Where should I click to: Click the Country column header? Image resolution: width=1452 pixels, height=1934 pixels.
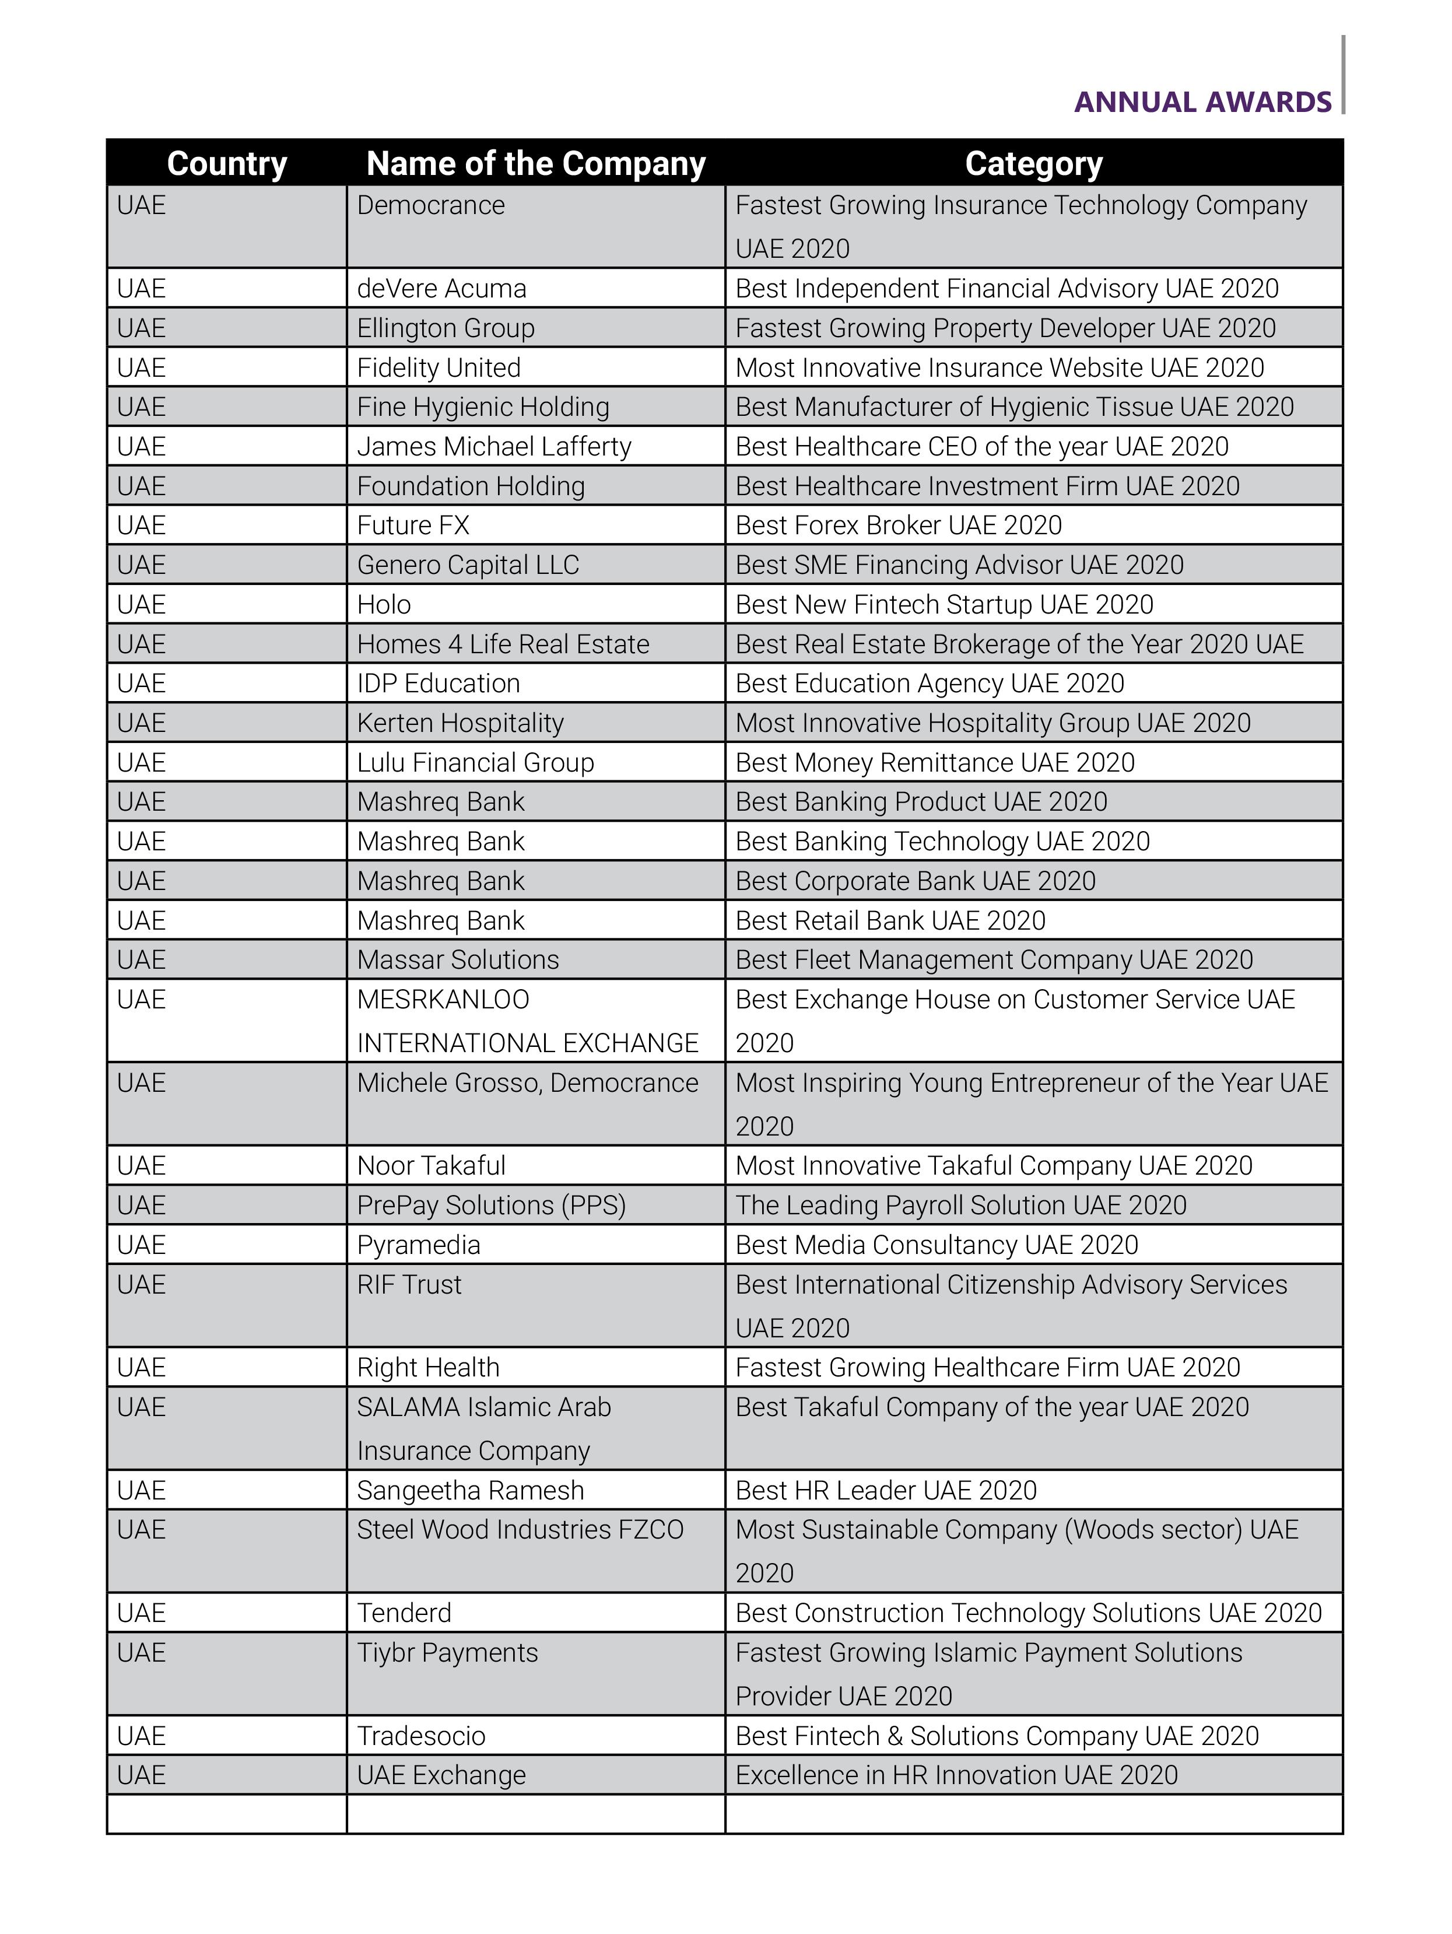click(226, 163)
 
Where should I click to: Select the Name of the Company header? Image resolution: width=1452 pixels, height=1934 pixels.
click(535, 163)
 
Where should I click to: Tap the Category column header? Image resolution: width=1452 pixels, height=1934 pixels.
click(1033, 163)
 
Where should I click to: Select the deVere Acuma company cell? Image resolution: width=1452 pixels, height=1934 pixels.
click(441, 289)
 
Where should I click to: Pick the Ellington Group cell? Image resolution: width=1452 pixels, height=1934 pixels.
click(446, 328)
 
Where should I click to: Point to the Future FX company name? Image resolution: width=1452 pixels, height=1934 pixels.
click(413, 525)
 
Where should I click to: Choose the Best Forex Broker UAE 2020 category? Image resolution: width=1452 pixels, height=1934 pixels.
click(899, 525)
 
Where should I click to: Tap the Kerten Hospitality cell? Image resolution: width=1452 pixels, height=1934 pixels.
click(460, 723)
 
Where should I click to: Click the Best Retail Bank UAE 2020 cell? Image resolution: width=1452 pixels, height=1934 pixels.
click(890, 921)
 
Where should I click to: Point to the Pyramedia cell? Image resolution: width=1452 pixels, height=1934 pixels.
click(419, 1245)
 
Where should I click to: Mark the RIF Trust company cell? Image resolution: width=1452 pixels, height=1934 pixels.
click(409, 1284)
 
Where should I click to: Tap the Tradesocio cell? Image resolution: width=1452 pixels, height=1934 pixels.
click(422, 1736)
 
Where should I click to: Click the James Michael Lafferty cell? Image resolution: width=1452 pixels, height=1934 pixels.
click(494, 447)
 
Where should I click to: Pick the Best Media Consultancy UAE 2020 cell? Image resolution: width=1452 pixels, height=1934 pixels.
click(937, 1245)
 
